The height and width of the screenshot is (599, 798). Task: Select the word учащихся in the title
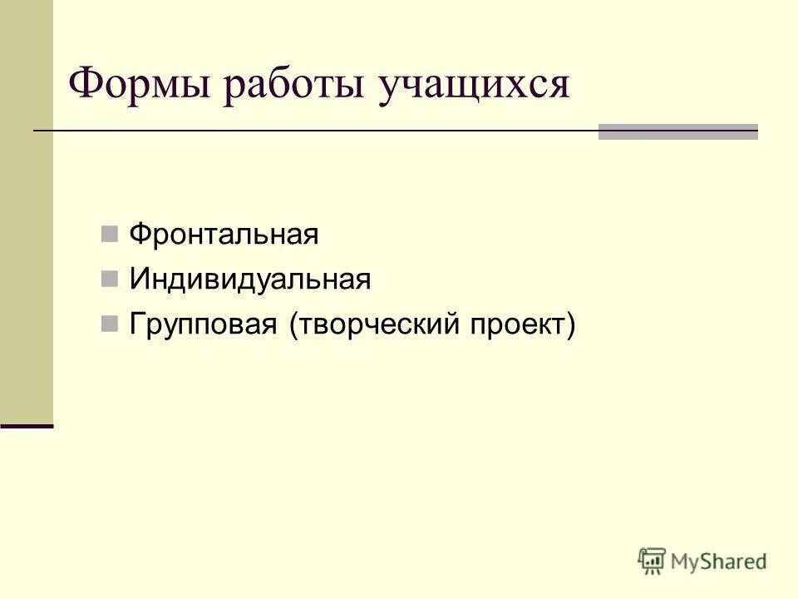click(474, 87)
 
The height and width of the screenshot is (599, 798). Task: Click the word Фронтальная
click(224, 235)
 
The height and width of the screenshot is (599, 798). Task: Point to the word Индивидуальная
click(249, 280)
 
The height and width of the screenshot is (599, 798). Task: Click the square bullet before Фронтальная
click(109, 234)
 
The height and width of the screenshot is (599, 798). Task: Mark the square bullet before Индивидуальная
click(109, 279)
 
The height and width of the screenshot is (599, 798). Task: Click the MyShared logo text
click(718, 561)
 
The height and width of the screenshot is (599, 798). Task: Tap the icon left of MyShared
click(652, 560)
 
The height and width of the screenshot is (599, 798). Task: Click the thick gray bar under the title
click(677, 131)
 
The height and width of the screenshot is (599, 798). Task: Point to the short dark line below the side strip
click(27, 425)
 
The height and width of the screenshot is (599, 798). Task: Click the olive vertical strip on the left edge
click(26, 208)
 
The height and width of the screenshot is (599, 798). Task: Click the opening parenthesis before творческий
click(293, 325)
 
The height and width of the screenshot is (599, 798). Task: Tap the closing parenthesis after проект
click(570, 325)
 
